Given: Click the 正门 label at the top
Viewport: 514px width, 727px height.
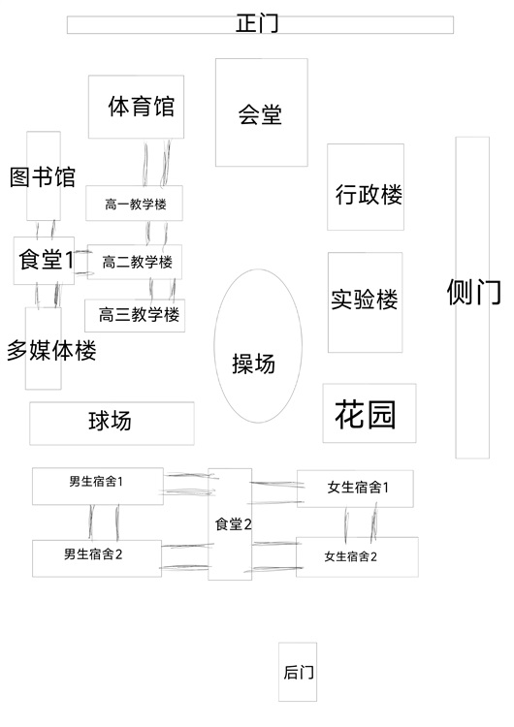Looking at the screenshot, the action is pyautogui.click(x=257, y=23).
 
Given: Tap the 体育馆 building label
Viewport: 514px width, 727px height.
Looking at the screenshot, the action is pyautogui.click(x=142, y=107).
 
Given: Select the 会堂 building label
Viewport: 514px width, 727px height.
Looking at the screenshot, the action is pyautogui.click(x=260, y=114).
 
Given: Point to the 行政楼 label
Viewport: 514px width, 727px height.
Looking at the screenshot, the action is pyautogui.click(x=369, y=194).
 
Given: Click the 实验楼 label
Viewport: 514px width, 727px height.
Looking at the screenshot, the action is pyautogui.click(x=364, y=300).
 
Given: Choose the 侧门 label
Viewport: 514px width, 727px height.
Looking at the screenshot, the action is pyautogui.click(x=473, y=292).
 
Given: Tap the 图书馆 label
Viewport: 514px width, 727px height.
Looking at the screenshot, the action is pyautogui.click(x=43, y=177).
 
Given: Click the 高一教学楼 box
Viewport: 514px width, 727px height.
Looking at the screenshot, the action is pyautogui.click(x=134, y=204).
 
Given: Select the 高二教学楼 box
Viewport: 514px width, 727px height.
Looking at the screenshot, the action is pyautogui.click(x=135, y=262).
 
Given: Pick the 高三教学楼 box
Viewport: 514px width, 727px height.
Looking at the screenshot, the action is pyautogui.click(x=135, y=315).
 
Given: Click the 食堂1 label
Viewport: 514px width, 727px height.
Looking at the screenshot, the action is pyautogui.click(x=46, y=260).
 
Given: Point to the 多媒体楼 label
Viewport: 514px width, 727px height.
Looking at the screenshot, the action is pyautogui.click(x=51, y=351).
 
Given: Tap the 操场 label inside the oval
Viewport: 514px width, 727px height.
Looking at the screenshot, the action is pyautogui.click(x=254, y=363).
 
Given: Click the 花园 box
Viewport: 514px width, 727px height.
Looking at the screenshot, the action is pyautogui.click(x=369, y=413).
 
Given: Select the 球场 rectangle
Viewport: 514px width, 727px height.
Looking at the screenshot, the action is pyautogui.click(x=112, y=424).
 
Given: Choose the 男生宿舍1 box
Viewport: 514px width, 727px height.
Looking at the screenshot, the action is pyautogui.click(x=98, y=486).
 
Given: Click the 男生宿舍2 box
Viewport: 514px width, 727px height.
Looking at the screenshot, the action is pyautogui.click(x=97, y=558).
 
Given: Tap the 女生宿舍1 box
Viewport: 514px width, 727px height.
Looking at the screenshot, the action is pyautogui.click(x=355, y=489).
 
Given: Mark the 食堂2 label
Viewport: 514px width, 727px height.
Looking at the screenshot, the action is pyautogui.click(x=234, y=524).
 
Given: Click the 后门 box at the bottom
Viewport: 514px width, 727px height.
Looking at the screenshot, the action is pyautogui.click(x=298, y=672).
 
